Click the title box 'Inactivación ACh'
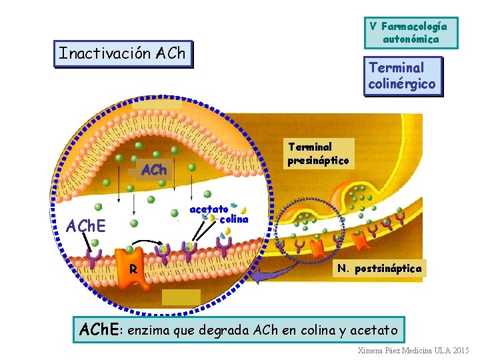(122, 53)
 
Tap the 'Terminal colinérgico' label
(402, 76)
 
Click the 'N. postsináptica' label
(379, 269)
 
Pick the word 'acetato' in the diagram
(209, 209)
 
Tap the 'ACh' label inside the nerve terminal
(154, 170)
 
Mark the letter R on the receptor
(133, 270)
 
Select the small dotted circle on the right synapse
(310, 230)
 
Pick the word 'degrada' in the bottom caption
(217, 330)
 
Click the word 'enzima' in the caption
(148, 330)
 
